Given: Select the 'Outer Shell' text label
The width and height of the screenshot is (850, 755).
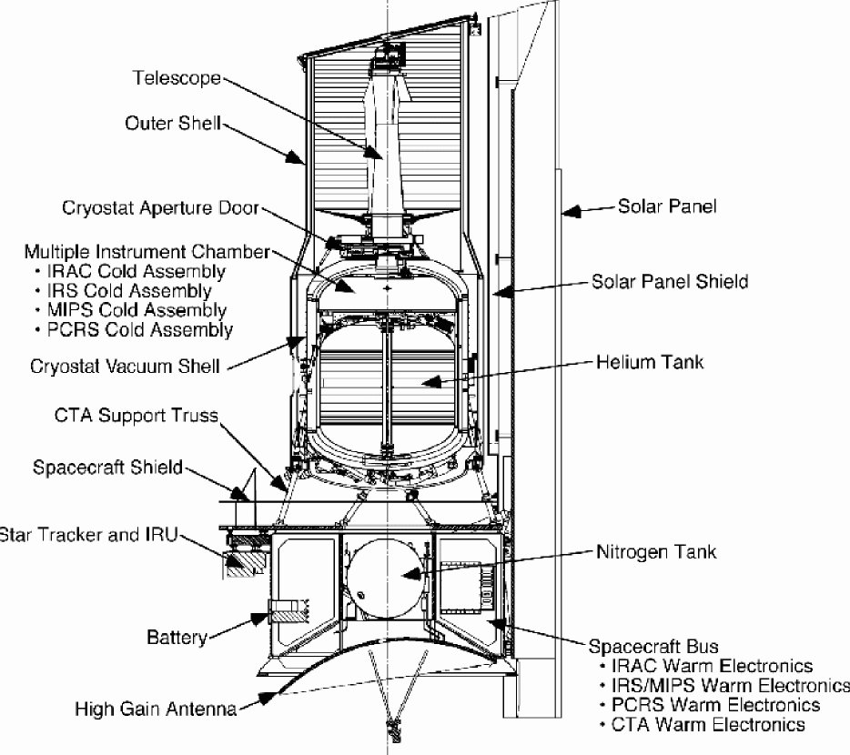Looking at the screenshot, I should [x=172, y=124].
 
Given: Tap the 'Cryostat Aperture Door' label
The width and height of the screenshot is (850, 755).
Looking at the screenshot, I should [x=161, y=208].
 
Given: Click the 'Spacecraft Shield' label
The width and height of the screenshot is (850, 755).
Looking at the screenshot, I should [x=107, y=468].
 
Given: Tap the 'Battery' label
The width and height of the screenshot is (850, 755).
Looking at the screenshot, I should [x=177, y=637].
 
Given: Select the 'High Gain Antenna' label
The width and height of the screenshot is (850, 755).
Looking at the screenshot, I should [x=157, y=709].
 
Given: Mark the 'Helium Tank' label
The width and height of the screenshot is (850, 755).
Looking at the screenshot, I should [x=650, y=362].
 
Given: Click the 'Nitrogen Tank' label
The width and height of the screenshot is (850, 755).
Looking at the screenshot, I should [x=656, y=551].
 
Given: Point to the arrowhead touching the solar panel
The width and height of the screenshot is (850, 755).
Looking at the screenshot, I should [x=571, y=211].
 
